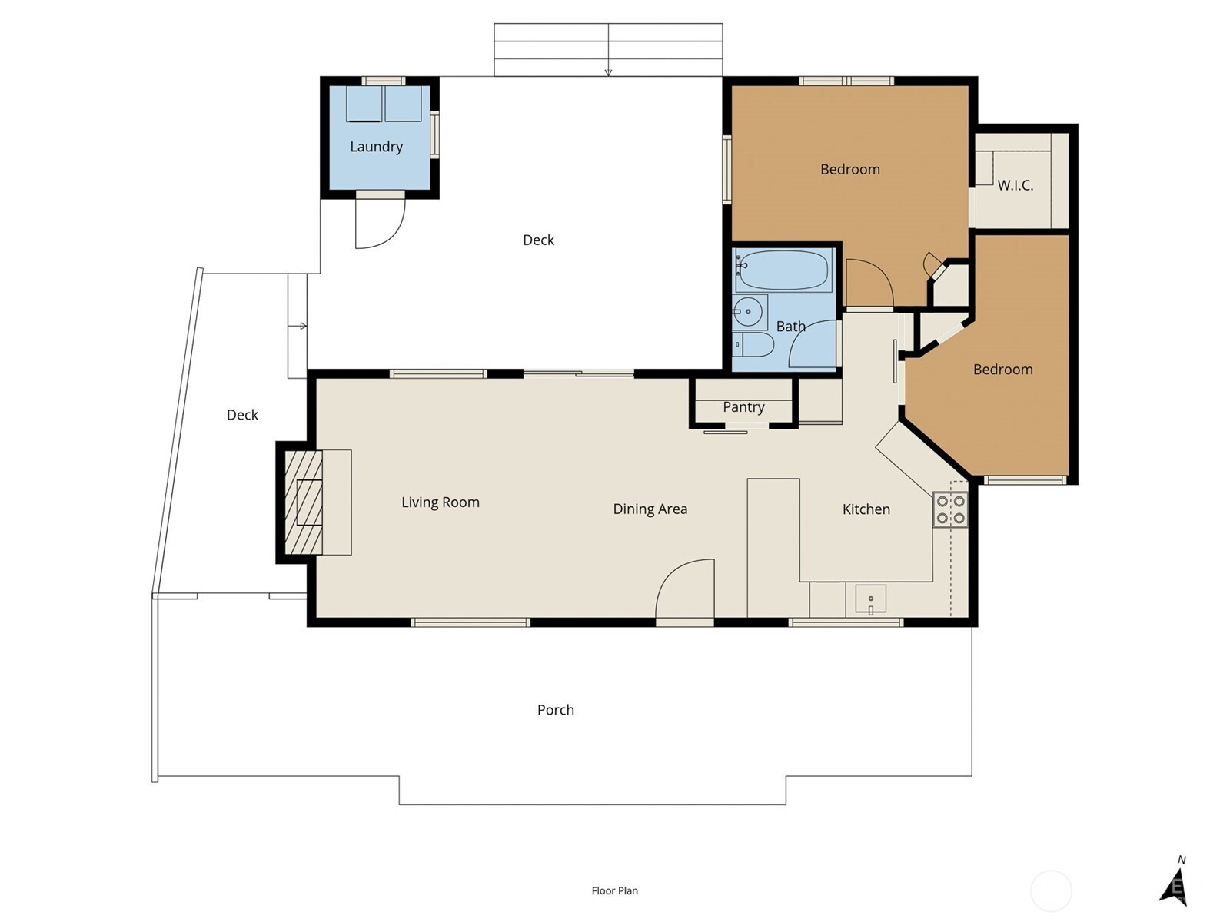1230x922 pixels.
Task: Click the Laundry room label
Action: tap(376, 147)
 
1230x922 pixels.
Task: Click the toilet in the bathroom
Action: tap(753, 344)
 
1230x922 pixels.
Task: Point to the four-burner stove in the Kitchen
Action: tap(950, 509)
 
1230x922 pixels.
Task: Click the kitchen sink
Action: tap(870, 600)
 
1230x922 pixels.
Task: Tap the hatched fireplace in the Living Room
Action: tap(304, 502)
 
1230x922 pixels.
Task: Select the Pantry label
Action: tap(743, 407)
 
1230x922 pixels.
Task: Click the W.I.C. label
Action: tap(1015, 185)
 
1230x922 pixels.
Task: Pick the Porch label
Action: tap(555, 710)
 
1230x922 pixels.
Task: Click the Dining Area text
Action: tap(650, 509)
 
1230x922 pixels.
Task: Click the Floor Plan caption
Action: tap(615, 890)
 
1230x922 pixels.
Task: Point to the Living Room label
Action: tap(440, 502)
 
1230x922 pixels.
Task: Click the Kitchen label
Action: tap(866, 509)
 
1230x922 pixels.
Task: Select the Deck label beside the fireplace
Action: tap(242, 415)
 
